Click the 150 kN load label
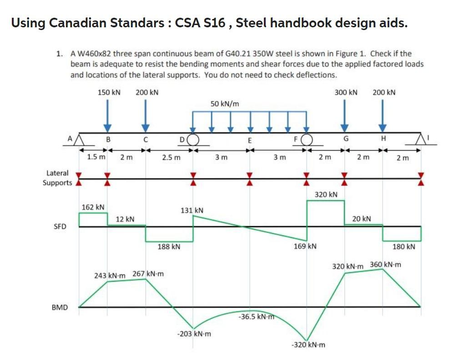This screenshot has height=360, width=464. pos(109,92)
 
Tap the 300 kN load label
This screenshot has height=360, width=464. pos(346,92)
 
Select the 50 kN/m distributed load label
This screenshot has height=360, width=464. pos(225,104)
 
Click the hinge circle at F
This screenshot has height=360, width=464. pos(307,138)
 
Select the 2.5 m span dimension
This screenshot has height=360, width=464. pos(171,157)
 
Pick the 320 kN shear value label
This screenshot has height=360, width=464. pos(326,194)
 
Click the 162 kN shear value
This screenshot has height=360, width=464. pos(93,207)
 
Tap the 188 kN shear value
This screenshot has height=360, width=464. pos(169,247)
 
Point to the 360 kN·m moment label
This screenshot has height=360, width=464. pos(385,264)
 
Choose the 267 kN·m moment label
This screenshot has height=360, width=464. pos(148,274)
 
